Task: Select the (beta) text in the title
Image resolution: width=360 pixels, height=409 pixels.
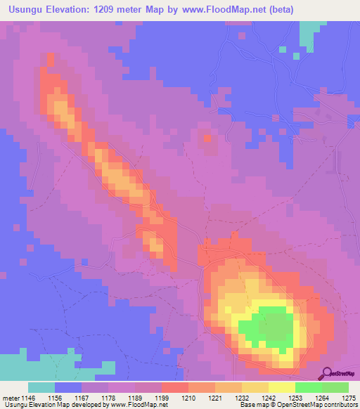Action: (x=280, y=9)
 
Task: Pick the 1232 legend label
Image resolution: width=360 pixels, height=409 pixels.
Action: (x=242, y=397)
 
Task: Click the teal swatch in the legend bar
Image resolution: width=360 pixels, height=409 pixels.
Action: (x=41, y=387)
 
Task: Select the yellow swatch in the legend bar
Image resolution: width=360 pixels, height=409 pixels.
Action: (x=282, y=387)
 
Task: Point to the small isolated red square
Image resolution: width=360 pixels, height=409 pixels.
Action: (x=207, y=138)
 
